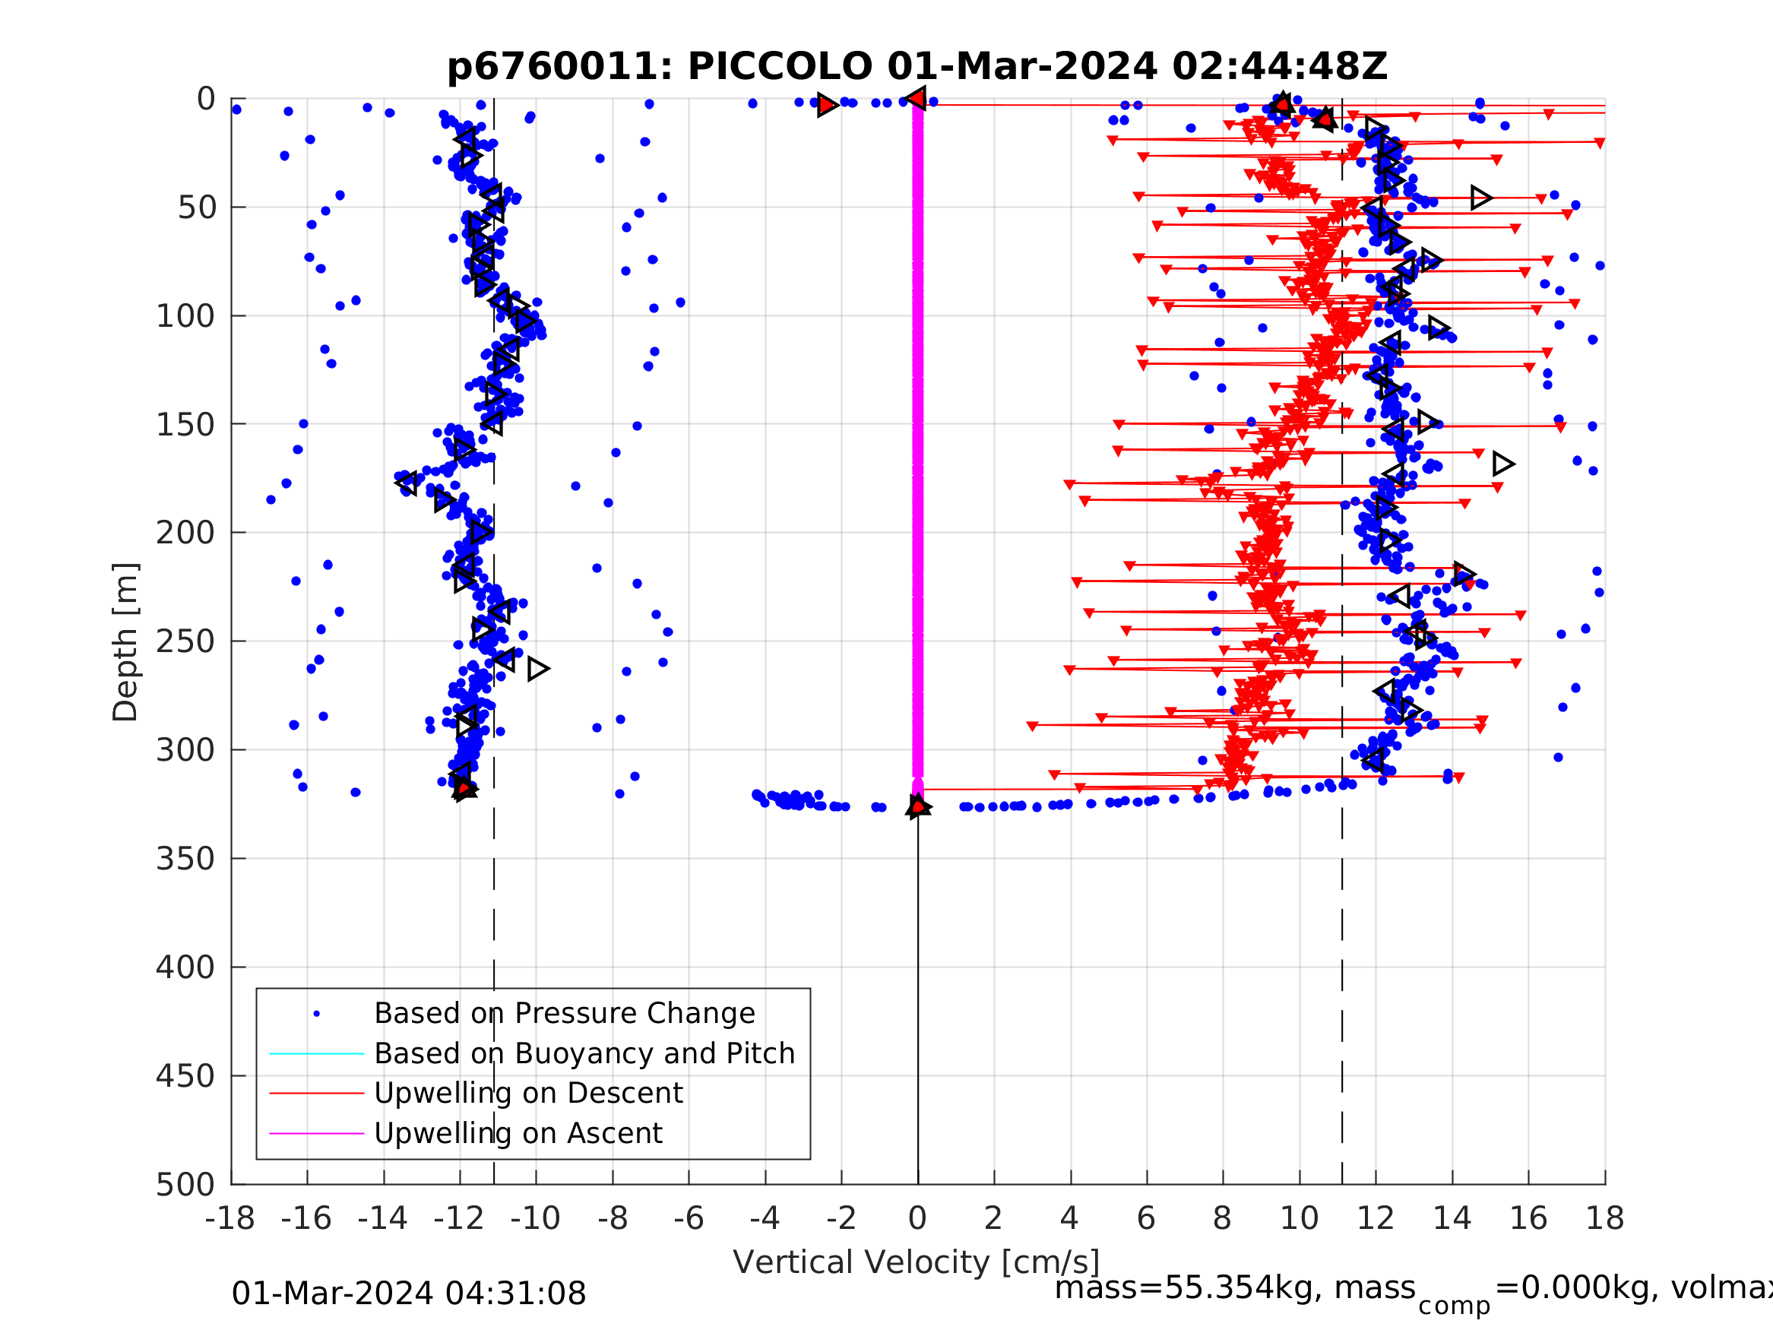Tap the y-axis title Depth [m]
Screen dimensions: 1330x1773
pos(126,642)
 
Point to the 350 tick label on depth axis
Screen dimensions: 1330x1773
pos(185,859)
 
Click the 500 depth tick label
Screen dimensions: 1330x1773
pos(185,1184)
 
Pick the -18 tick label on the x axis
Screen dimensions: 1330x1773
pos(230,1218)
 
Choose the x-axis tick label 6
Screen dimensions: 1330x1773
pos(1146,1218)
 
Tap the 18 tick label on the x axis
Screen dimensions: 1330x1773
pos(1605,1218)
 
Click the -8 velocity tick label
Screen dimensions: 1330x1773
pos(613,1218)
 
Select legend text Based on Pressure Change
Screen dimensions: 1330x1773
pos(565,1013)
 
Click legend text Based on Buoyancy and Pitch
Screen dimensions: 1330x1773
pos(584,1053)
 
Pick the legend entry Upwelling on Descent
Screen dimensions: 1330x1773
pos(528,1094)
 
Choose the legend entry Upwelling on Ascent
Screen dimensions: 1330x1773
pos(518,1134)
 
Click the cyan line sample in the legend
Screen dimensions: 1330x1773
pos(317,1053)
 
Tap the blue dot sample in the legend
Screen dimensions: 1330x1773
pos(317,1014)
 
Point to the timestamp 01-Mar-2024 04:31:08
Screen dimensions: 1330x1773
pos(409,1293)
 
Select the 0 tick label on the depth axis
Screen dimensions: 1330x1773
pos(206,100)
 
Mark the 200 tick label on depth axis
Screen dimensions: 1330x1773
pos(185,532)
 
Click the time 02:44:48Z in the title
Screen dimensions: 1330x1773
pos(1279,67)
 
